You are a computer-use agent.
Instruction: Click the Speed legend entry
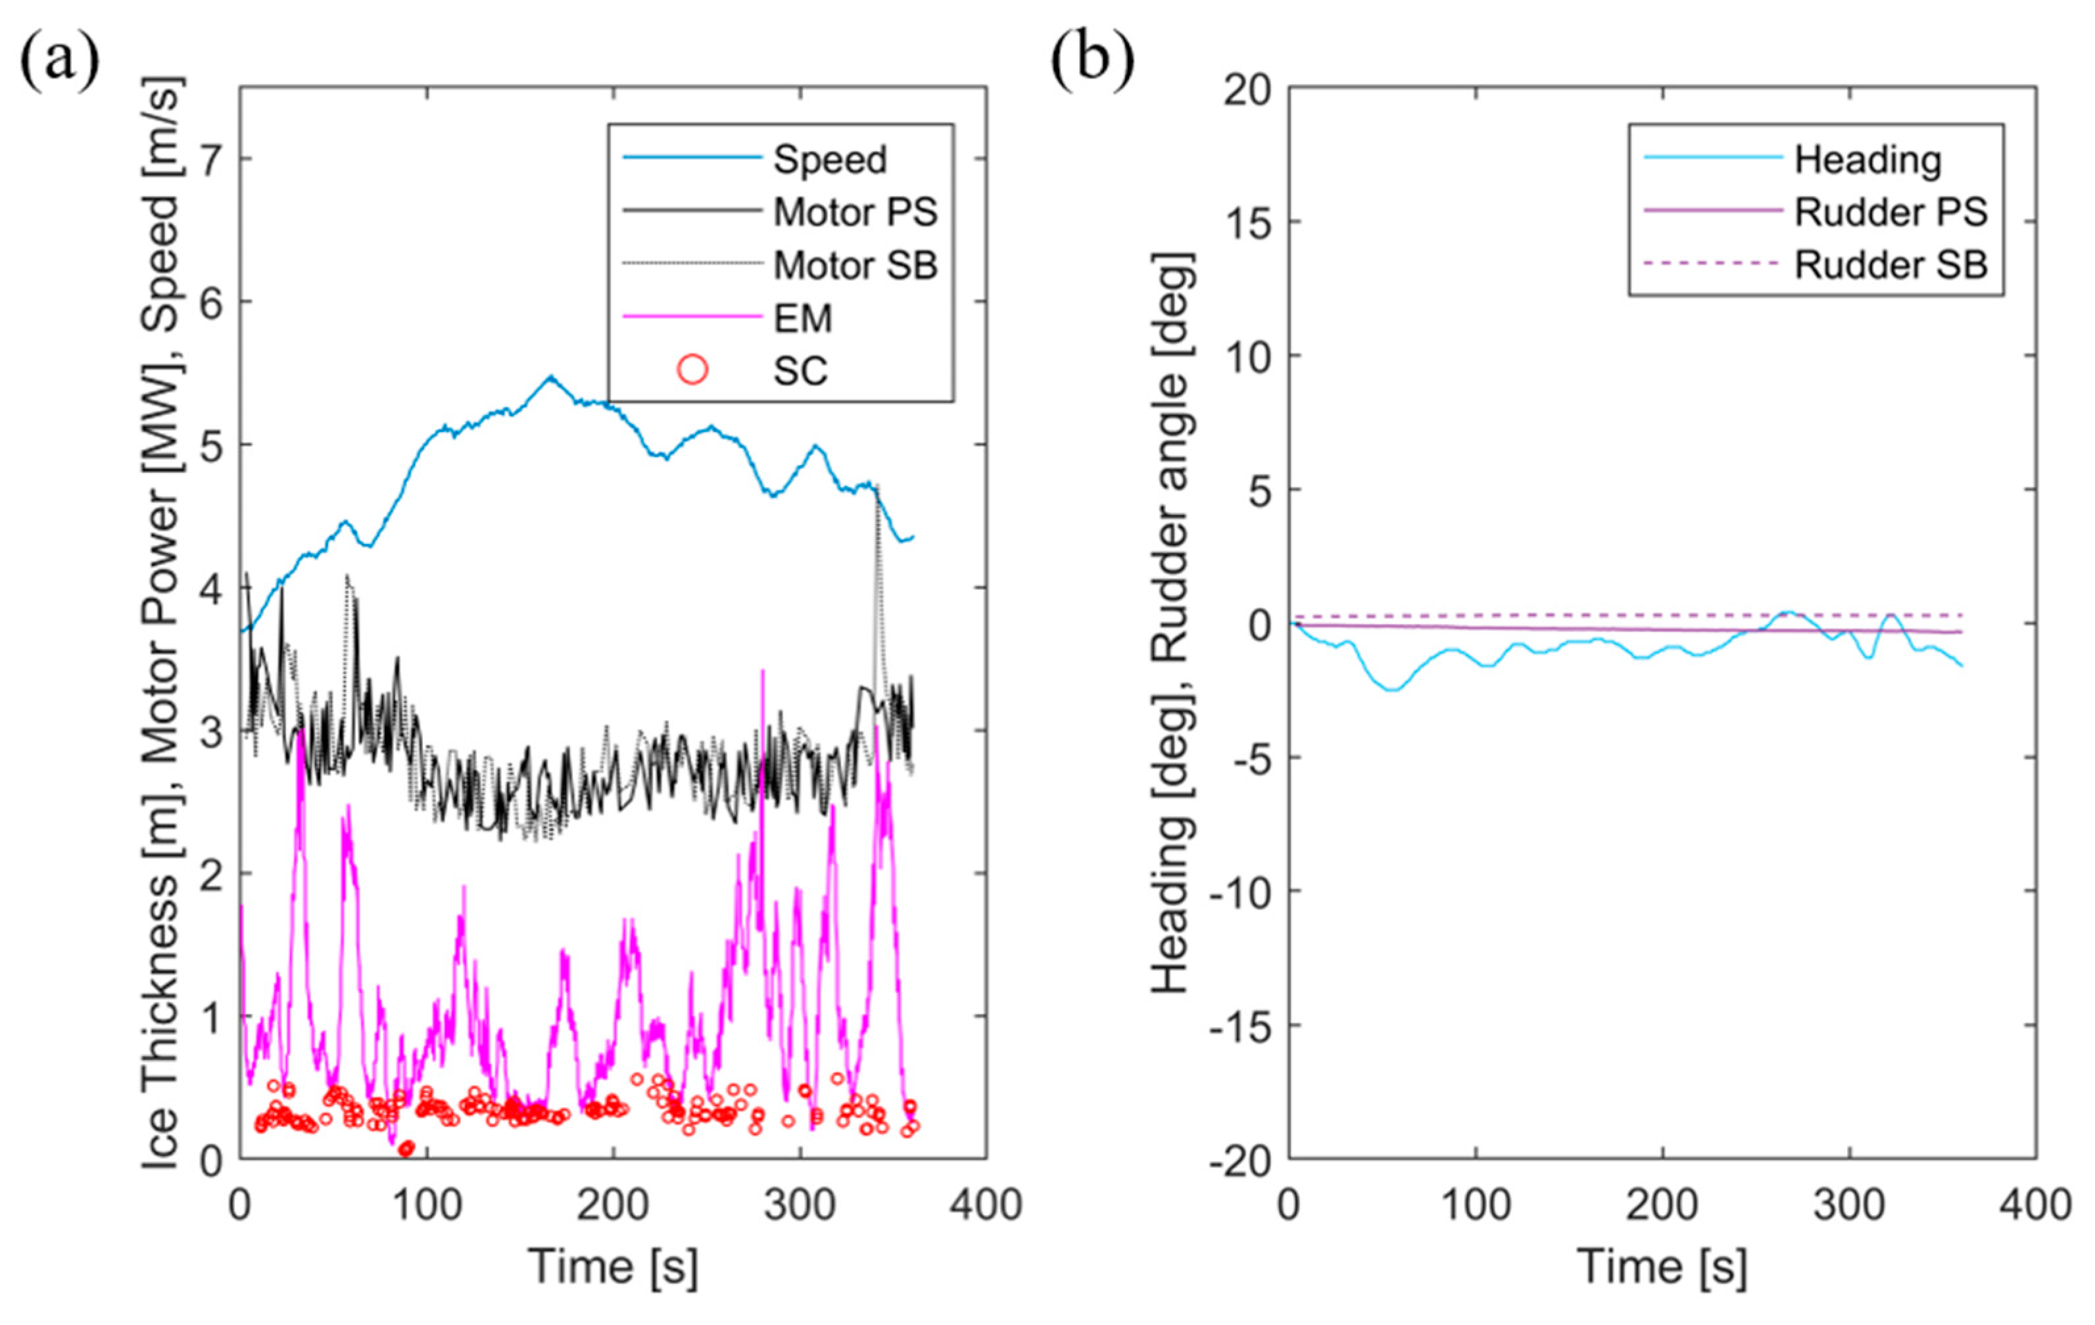pyautogui.click(x=829, y=160)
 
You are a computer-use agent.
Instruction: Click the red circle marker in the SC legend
pyautogui.click(x=692, y=371)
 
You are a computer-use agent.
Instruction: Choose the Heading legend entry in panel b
pyautogui.click(x=1867, y=160)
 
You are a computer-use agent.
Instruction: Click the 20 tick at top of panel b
pyautogui.click(x=1247, y=89)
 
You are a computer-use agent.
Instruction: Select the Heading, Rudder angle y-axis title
pyautogui.click(x=1174, y=623)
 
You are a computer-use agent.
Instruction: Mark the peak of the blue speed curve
pyautogui.click(x=550, y=377)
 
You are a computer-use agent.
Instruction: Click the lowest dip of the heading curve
pyautogui.click(x=1393, y=690)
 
